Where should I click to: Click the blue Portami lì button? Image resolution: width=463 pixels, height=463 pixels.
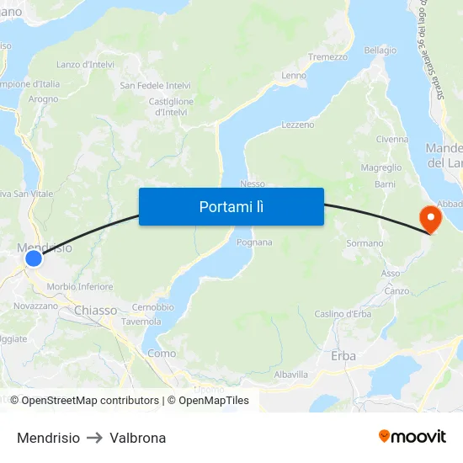click(x=231, y=206)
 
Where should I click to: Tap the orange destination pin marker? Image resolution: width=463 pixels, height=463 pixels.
click(x=430, y=218)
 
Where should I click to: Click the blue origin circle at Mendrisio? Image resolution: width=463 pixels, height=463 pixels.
click(x=34, y=258)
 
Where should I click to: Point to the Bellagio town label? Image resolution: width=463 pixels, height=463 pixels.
click(x=380, y=51)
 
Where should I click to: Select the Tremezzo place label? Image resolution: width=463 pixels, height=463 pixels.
click(x=327, y=57)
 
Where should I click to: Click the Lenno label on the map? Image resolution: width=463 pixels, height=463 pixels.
click(x=294, y=76)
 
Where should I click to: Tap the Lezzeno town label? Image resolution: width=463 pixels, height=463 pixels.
click(x=297, y=125)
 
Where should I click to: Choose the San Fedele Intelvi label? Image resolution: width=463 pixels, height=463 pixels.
click(x=155, y=85)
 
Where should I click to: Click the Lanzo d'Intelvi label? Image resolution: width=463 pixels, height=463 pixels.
click(x=85, y=64)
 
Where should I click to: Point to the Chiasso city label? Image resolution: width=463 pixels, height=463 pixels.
click(x=96, y=311)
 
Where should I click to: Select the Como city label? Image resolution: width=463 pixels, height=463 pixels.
click(x=162, y=354)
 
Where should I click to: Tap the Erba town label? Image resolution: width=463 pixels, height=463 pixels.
click(x=343, y=356)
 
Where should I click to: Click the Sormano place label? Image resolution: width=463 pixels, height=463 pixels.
click(x=365, y=243)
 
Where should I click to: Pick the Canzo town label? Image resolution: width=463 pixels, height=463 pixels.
click(x=396, y=291)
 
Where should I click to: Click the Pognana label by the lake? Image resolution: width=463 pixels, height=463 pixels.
click(x=254, y=242)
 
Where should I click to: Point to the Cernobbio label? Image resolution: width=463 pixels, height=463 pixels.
click(x=152, y=307)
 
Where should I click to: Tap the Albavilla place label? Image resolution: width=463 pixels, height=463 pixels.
click(x=291, y=374)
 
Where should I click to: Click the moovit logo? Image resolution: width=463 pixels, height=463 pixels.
click(x=412, y=437)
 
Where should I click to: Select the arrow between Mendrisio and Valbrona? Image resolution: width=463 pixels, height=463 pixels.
click(x=94, y=438)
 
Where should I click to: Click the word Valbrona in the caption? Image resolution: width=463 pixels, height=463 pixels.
click(x=137, y=438)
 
